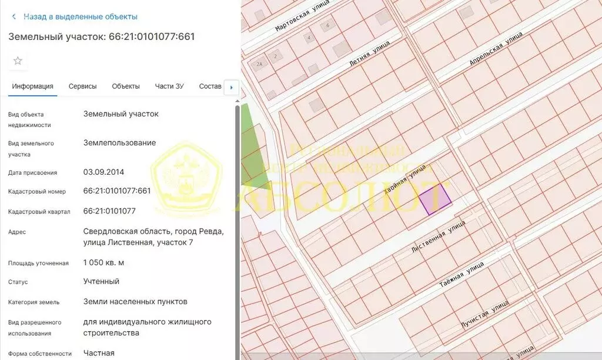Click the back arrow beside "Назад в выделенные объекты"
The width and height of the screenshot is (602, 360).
14,16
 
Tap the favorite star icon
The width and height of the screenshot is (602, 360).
18,61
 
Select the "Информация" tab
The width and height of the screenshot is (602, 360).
33,86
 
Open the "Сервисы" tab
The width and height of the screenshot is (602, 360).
82,86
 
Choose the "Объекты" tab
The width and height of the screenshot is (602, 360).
126,86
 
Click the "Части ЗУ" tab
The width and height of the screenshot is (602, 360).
169,86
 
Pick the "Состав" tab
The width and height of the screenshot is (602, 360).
210,86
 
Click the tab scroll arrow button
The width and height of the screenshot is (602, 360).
232,88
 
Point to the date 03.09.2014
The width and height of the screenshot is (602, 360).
104,172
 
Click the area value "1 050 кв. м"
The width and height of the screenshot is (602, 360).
104,262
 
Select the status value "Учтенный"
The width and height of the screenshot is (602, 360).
101,281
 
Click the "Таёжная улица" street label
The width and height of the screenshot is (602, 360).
461,275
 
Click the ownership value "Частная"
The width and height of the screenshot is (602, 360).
99,353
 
